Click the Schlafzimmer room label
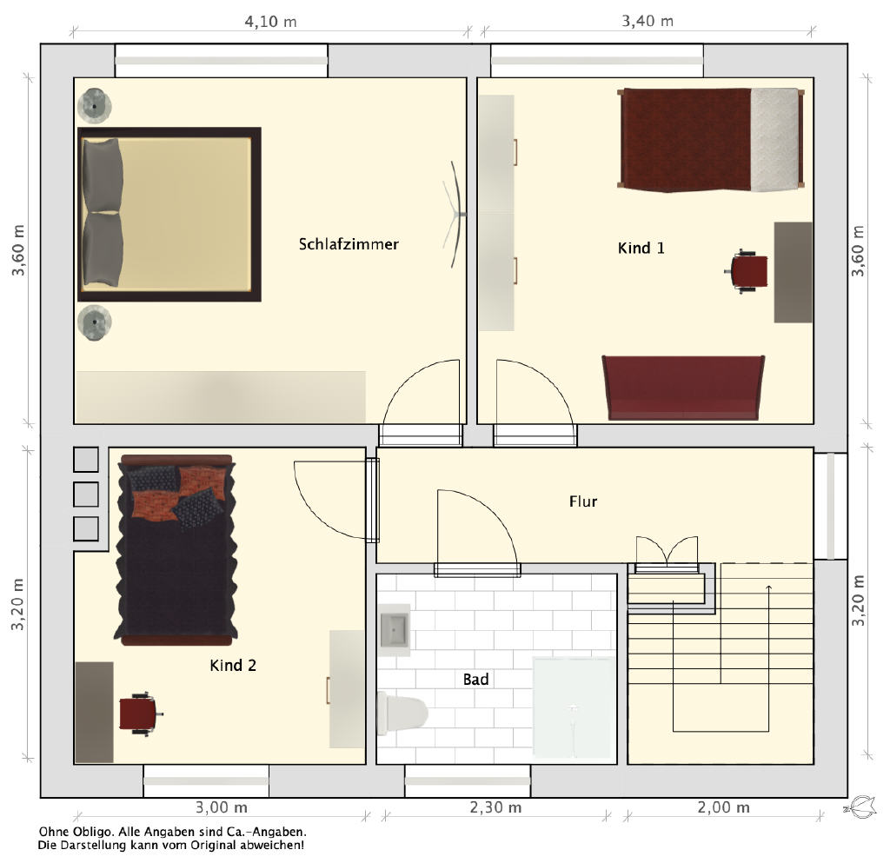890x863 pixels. pos(349,244)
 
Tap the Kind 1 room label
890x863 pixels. pos(641,248)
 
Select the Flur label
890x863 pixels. pos(583,501)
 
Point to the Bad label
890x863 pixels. pos(475,679)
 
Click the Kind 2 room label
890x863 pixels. pos(233,665)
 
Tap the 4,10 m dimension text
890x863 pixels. pos(270,22)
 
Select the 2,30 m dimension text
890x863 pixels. pos(495,807)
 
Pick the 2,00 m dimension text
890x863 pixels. pos(723,807)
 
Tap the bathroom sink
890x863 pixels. pos(395,630)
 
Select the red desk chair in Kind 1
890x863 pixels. pos(747,271)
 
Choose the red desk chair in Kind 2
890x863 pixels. pos(140,714)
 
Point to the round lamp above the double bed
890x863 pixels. pos(94,105)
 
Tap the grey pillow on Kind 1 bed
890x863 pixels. pos(774,140)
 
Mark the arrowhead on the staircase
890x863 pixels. pos(768,588)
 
